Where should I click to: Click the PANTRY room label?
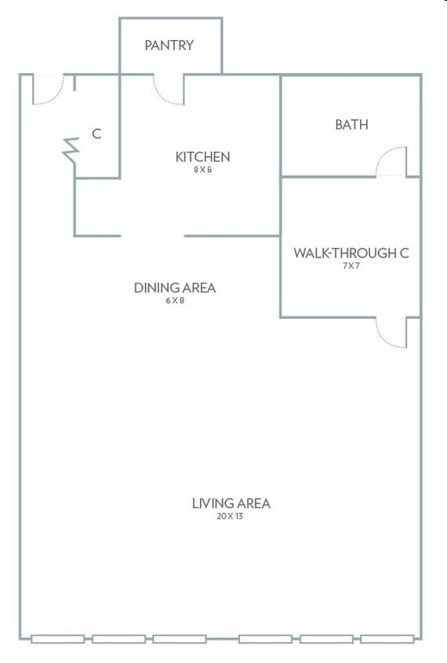(x=169, y=46)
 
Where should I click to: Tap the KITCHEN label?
(x=202, y=157)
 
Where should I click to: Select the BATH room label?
(x=351, y=125)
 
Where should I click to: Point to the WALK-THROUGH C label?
(x=351, y=253)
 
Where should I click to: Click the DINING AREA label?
(x=175, y=288)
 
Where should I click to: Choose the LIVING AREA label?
(x=231, y=504)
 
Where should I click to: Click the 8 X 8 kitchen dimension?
(x=202, y=170)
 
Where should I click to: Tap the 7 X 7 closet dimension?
(x=351, y=266)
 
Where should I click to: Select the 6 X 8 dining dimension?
(x=175, y=301)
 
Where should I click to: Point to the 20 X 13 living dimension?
(x=230, y=516)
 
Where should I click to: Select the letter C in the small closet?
(x=96, y=134)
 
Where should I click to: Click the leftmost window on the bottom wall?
(x=58, y=639)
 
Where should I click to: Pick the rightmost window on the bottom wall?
(x=387, y=639)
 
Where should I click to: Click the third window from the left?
(x=180, y=639)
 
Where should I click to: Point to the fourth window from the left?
(x=266, y=639)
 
